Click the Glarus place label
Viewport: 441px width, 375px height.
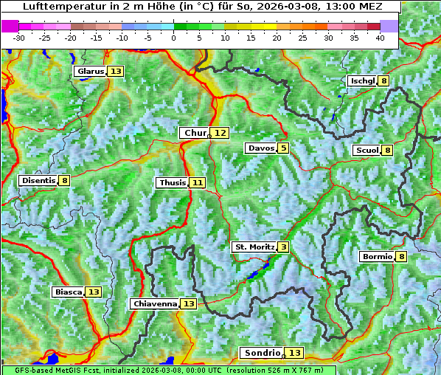pos(90,72)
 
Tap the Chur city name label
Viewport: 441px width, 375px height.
pos(195,133)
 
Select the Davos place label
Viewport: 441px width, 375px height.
pos(261,148)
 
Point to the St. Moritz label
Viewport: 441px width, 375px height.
pos(254,247)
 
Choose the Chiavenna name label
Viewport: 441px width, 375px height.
pos(155,303)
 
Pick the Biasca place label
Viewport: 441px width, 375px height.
pos(68,292)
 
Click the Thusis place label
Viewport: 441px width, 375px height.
pos(172,182)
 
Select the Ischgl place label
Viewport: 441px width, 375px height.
pos(362,80)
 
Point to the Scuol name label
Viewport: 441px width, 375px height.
pos(367,150)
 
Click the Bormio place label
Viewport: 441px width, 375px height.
pos(377,257)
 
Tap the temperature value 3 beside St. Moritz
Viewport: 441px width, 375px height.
pos(284,247)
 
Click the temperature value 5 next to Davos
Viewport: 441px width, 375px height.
pos(283,148)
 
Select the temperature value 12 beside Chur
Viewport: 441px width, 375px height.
pos(220,133)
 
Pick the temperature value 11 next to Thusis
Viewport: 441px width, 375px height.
pos(197,182)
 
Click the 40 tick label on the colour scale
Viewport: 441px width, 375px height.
pos(380,37)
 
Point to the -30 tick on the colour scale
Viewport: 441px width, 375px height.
pos(19,37)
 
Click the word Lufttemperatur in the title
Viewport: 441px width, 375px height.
pos(55,6)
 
